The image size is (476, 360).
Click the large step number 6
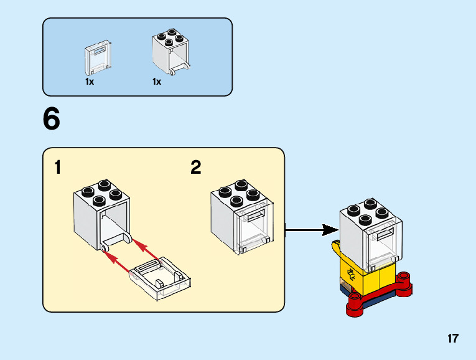52,120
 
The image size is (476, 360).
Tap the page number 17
452,339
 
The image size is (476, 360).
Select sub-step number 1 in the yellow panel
58,168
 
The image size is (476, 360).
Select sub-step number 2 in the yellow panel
196,168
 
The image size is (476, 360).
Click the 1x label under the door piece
90,82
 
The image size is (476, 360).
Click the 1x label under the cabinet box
157,82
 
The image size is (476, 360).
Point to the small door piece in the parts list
96,57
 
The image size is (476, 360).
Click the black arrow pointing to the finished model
311,230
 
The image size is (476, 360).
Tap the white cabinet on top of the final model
368,234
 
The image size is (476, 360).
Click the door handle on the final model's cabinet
384,234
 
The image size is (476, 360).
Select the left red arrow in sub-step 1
113,256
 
